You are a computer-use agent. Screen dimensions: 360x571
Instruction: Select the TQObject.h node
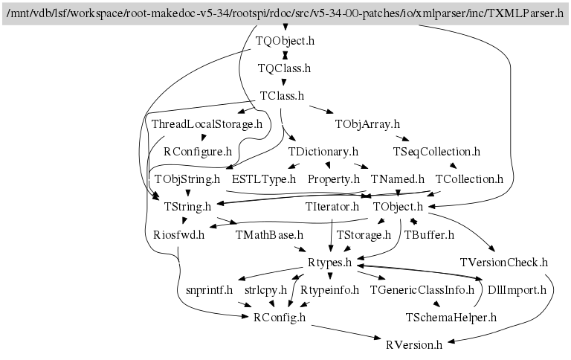284,41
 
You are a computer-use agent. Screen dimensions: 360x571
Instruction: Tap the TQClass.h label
284,68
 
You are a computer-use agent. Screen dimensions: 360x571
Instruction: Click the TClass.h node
282,96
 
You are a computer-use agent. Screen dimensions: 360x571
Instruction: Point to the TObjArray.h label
367,123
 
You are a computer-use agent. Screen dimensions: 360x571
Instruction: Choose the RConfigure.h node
197,151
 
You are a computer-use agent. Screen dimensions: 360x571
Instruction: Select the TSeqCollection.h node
436,151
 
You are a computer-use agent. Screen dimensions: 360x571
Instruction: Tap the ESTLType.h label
264,179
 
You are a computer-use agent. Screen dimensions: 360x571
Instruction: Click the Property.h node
334,179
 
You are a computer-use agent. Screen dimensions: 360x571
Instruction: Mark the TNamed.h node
398,179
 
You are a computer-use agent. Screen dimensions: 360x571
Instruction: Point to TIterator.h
332,206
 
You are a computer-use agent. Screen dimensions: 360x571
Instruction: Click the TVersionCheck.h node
504,262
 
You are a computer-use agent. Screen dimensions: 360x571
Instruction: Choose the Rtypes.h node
330,262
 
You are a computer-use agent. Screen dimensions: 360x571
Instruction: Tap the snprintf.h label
210,289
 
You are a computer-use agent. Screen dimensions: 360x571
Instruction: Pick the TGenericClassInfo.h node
422,289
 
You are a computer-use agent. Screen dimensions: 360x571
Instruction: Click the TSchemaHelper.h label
451,317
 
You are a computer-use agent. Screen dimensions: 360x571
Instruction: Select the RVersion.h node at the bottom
414,344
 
